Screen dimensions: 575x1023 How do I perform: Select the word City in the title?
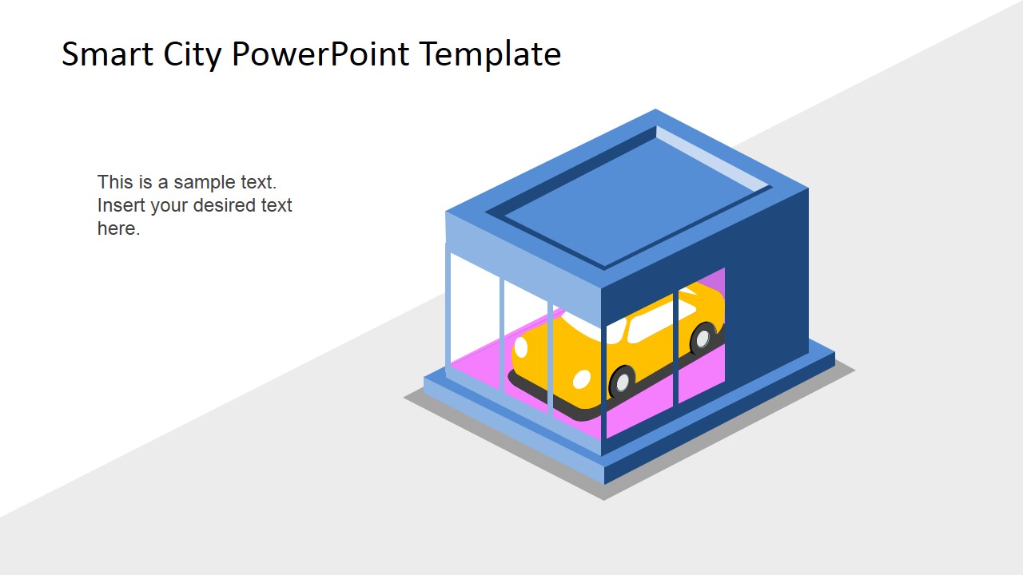point(186,54)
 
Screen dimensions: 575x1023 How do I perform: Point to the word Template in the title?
point(490,54)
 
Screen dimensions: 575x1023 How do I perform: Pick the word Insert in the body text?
point(121,205)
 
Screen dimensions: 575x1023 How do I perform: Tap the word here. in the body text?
point(118,228)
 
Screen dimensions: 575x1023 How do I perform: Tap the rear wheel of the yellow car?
point(703,338)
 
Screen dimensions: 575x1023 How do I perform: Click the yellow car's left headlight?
point(521,347)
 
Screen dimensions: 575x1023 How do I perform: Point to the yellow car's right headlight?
point(582,379)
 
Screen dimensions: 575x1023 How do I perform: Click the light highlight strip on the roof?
point(711,160)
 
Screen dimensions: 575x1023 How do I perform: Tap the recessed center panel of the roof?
point(631,200)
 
